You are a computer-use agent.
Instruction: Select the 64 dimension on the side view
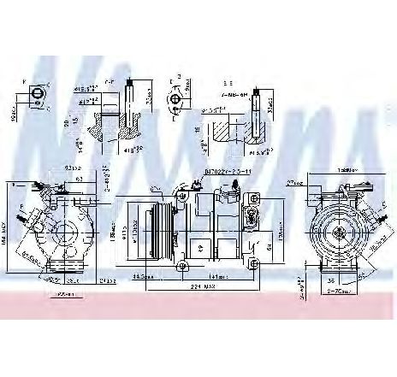[x=269, y=247]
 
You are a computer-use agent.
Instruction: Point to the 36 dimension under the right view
[x=331, y=279]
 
